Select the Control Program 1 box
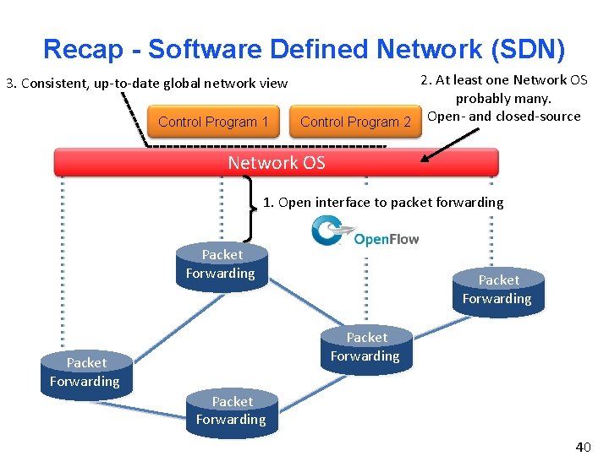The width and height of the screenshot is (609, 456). coord(213,122)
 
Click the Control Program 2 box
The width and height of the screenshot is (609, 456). coord(355,122)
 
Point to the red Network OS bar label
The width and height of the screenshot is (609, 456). coord(277,163)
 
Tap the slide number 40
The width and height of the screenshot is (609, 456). coord(584,447)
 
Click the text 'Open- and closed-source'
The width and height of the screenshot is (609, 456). coord(504,117)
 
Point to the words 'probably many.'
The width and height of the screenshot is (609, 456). coord(503,98)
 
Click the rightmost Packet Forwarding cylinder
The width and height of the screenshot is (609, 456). coord(497,291)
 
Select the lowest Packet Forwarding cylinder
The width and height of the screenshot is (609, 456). coord(231,412)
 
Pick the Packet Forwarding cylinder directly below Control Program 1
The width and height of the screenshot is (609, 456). coord(221,265)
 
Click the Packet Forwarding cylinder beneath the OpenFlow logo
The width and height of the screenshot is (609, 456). coord(365,348)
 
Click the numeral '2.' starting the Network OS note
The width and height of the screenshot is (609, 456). coord(426,80)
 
